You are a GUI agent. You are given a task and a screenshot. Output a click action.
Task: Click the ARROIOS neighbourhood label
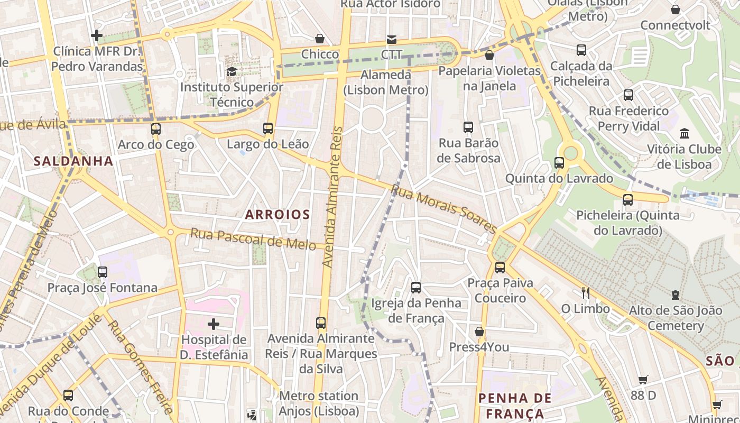click(x=277, y=214)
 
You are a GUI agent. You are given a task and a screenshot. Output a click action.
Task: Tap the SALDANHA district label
click(x=73, y=161)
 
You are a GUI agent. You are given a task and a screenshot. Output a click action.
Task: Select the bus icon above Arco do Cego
click(x=155, y=128)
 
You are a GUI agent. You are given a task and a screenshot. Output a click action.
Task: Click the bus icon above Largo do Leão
click(x=268, y=128)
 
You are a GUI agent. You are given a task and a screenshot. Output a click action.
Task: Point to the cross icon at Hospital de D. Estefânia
click(x=214, y=324)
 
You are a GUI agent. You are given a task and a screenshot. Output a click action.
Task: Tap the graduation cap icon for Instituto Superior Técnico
click(x=232, y=71)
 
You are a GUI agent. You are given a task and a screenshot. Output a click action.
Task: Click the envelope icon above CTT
click(x=391, y=39)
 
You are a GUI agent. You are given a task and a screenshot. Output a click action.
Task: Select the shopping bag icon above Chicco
click(x=320, y=39)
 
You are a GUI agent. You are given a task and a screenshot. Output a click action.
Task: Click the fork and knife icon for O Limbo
click(x=585, y=292)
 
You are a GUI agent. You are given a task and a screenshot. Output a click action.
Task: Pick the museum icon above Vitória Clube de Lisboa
click(x=684, y=133)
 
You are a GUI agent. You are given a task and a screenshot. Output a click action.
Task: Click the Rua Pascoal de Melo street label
click(x=253, y=238)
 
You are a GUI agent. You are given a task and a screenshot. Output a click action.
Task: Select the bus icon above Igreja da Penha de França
click(x=416, y=288)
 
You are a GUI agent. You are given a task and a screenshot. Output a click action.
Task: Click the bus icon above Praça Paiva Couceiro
click(x=500, y=268)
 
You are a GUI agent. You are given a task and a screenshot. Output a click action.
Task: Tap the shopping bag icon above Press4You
click(x=479, y=332)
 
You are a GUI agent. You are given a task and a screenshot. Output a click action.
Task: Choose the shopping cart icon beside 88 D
click(x=643, y=380)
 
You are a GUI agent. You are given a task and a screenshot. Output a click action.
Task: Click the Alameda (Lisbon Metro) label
click(x=386, y=82)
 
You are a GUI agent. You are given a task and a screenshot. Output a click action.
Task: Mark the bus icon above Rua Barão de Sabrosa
click(x=468, y=127)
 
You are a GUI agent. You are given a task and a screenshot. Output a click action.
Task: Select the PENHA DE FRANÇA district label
click(x=515, y=406)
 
